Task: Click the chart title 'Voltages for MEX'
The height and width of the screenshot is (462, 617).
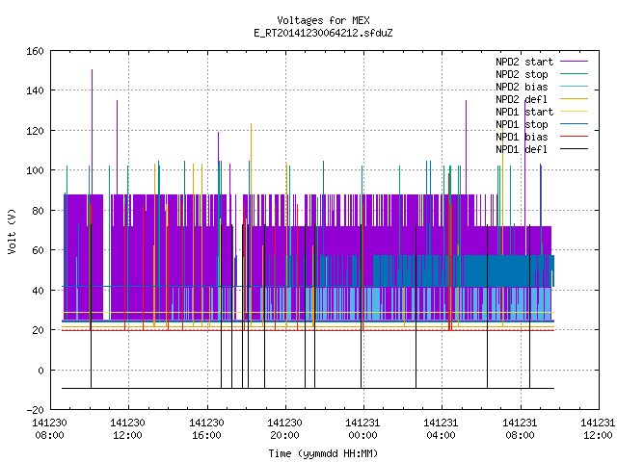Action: pyautogui.click(x=323, y=20)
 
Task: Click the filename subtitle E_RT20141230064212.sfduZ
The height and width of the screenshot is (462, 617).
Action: pyautogui.click(x=323, y=33)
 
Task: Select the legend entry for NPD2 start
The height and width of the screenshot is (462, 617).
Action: pyautogui.click(x=524, y=62)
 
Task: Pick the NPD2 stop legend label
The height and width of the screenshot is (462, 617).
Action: pyautogui.click(x=522, y=74)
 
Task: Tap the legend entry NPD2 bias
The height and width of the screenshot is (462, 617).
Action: pyautogui.click(x=522, y=87)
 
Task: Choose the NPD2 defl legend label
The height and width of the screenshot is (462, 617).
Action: pyautogui.click(x=522, y=99)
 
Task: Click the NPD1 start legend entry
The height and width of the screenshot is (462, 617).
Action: pyautogui.click(x=524, y=112)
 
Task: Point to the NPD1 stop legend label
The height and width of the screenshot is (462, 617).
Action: pyautogui.click(x=522, y=124)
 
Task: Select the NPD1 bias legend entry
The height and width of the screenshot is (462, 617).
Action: pyautogui.click(x=522, y=137)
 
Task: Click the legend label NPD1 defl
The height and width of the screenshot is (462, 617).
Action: pyautogui.click(x=522, y=150)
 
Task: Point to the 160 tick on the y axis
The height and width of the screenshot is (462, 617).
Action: pyautogui.click(x=35, y=51)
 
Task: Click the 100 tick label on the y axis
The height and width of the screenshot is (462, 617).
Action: pyautogui.click(x=35, y=170)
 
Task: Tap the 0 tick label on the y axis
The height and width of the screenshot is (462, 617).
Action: pyautogui.click(x=40, y=370)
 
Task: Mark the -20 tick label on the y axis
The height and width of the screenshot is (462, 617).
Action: pyautogui.click(x=35, y=410)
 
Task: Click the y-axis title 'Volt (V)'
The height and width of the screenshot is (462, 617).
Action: pyautogui.click(x=13, y=231)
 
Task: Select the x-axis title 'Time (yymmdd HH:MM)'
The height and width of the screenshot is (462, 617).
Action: pyautogui.click(x=323, y=453)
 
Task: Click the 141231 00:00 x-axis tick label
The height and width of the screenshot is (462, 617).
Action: pyautogui.click(x=362, y=429)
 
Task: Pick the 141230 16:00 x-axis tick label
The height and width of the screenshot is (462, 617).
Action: pyautogui.click(x=206, y=429)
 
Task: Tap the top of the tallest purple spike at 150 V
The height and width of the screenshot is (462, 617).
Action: pyautogui.click(x=93, y=70)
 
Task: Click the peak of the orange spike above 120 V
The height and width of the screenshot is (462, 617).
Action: pyautogui.click(x=251, y=124)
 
